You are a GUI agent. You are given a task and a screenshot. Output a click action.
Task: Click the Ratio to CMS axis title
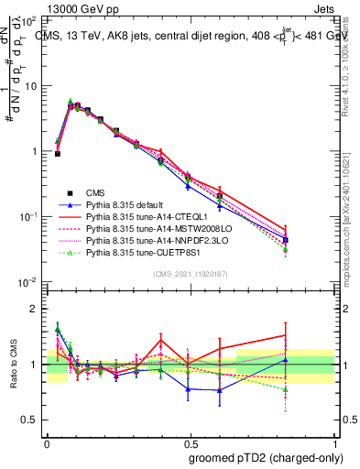tap(13, 364)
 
